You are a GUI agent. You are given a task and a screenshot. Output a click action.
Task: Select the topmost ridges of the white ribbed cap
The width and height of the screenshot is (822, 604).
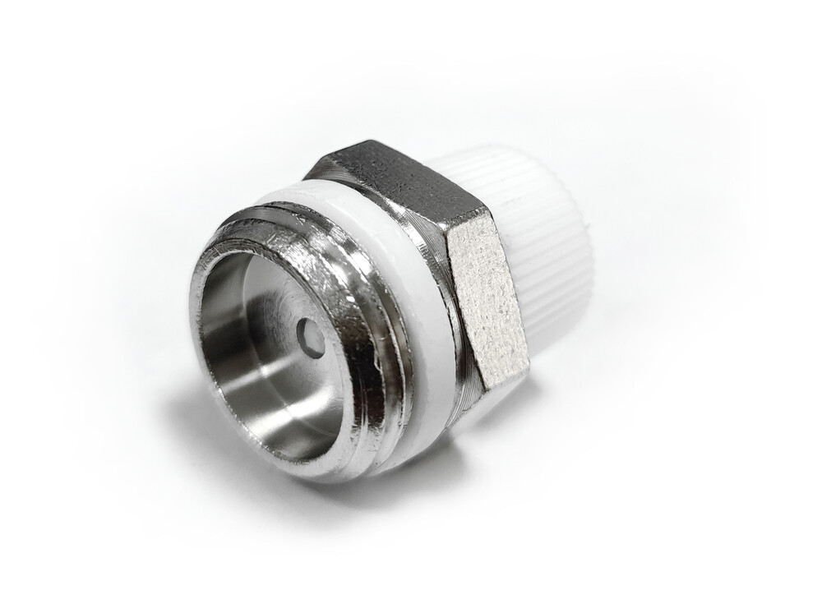pyautogui.click(x=493, y=160)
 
